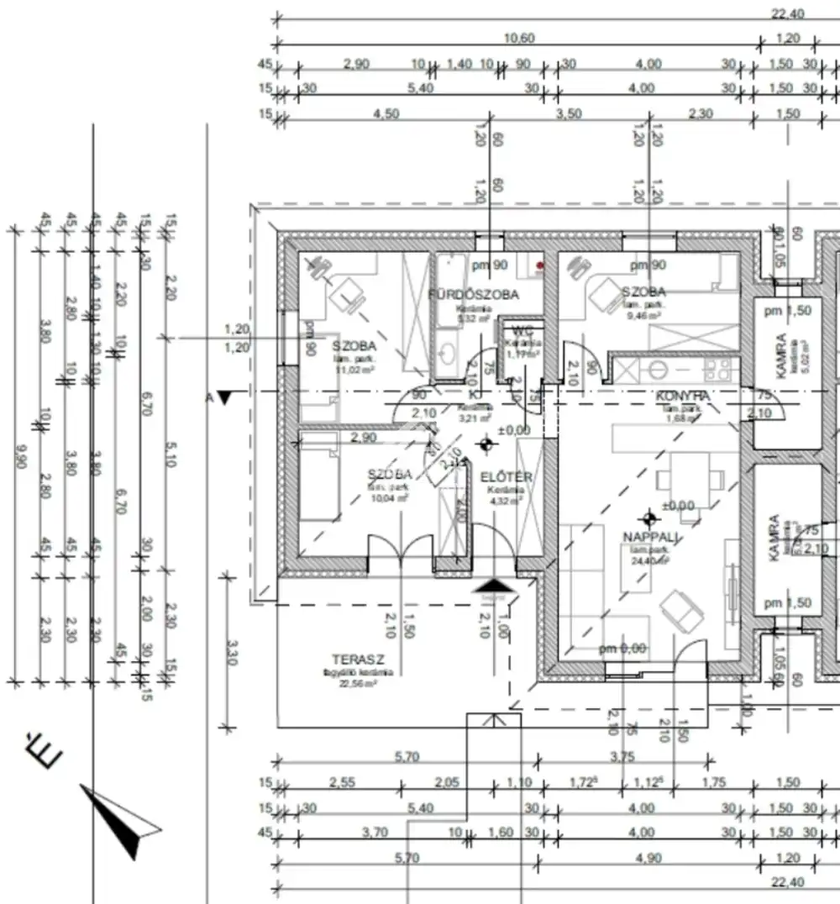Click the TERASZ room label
[352, 660]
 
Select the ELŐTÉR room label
[507, 477]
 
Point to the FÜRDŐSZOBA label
[473, 295]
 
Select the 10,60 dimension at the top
[518, 38]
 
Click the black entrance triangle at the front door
[492, 586]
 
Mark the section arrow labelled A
[223, 397]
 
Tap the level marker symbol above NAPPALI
[648, 518]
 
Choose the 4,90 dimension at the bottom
[642, 858]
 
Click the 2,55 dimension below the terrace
[341, 782]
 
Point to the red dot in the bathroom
[540, 266]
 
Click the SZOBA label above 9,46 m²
[643, 292]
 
